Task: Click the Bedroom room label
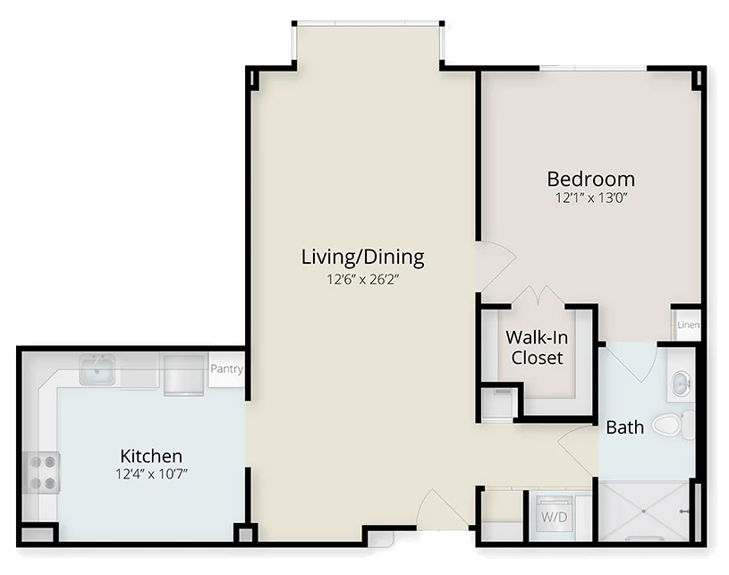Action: pos(591,179)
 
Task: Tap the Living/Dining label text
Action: pos(362,257)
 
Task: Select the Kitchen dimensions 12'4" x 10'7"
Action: pos(151,474)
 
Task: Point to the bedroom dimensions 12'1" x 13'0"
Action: pos(591,198)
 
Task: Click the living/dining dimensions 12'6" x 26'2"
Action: pos(363,279)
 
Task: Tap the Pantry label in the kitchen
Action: pos(226,369)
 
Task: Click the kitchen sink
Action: pos(97,370)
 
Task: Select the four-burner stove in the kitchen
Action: pos(41,472)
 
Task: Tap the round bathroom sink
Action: pos(681,383)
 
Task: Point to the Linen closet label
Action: pos(688,325)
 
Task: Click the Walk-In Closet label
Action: pos(537,347)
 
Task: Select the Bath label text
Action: pos(625,427)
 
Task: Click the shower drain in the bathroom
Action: pos(643,512)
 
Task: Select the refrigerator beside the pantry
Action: pos(183,375)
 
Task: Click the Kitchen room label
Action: pos(151,456)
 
